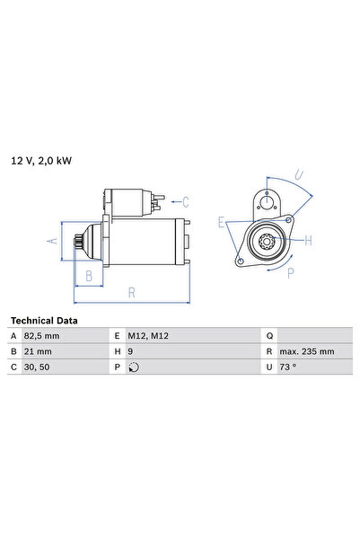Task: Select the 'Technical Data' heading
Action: (x=44, y=321)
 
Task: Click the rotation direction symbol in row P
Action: (x=135, y=367)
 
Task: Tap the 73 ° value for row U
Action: (x=290, y=367)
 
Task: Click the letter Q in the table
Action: (x=268, y=336)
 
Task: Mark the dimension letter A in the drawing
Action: (x=53, y=241)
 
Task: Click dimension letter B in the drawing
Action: (x=89, y=277)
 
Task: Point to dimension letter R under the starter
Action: (x=132, y=293)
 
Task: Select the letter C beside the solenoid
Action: (x=186, y=201)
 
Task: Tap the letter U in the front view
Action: (x=299, y=176)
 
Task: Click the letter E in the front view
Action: (x=221, y=221)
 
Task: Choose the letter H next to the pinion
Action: (x=307, y=240)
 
